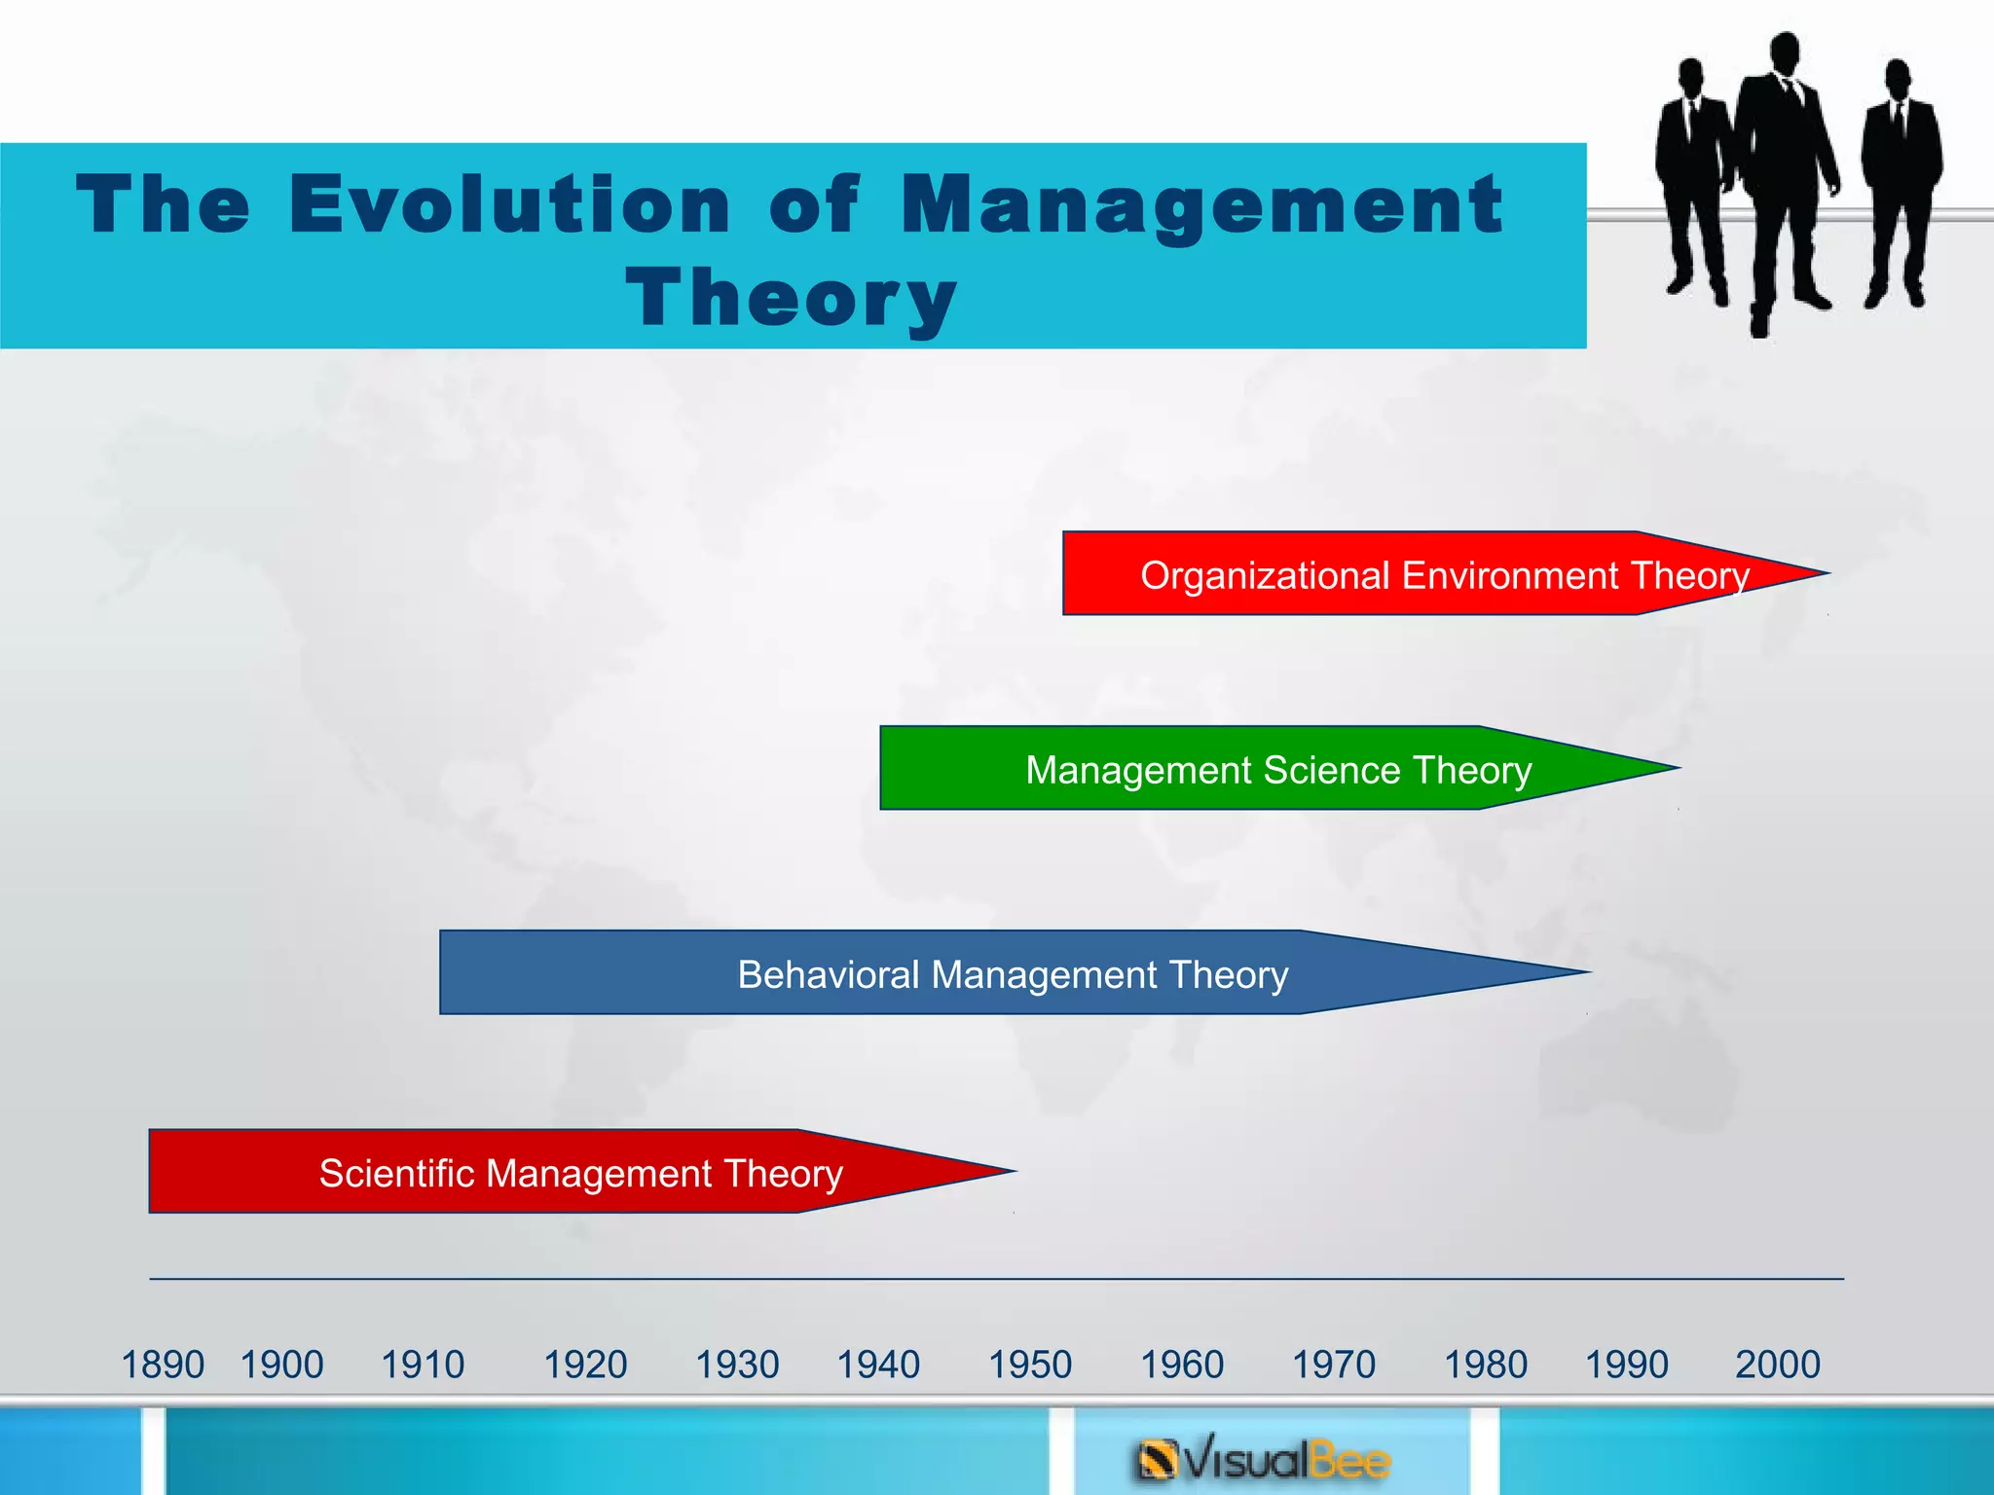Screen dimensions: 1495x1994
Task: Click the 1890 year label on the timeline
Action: [x=163, y=1365]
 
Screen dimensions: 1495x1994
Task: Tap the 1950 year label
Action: [x=1030, y=1365]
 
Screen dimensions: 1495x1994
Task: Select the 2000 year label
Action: [x=1777, y=1365]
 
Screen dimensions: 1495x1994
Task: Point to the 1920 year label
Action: [x=585, y=1365]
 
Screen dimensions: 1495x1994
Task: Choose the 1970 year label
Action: [x=1334, y=1365]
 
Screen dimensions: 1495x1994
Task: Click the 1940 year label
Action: [x=878, y=1365]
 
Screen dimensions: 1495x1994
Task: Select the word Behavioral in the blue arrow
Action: [x=828, y=974]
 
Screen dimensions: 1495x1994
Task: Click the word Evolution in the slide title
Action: [x=509, y=204]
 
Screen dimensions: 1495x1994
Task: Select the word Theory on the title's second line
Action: [x=791, y=298]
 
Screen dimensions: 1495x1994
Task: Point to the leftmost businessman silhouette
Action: [x=1695, y=175]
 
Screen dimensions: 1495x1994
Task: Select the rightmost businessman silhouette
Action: [x=1901, y=175]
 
